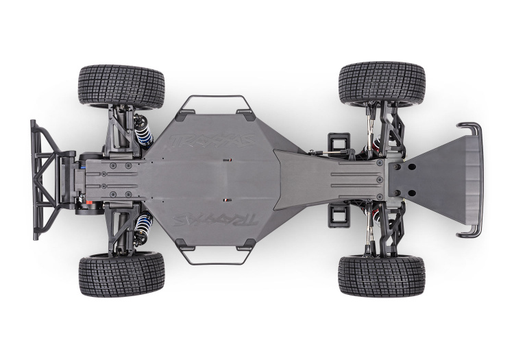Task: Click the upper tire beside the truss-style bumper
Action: (x=121, y=85)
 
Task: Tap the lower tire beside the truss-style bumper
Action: (x=121, y=274)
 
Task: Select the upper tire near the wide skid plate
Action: (x=381, y=82)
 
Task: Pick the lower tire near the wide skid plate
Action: (x=381, y=276)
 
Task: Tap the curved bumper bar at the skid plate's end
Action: (x=473, y=180)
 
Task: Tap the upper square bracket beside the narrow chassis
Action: (x=336, y=142)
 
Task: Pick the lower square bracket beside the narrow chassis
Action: (x=336, y=215)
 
